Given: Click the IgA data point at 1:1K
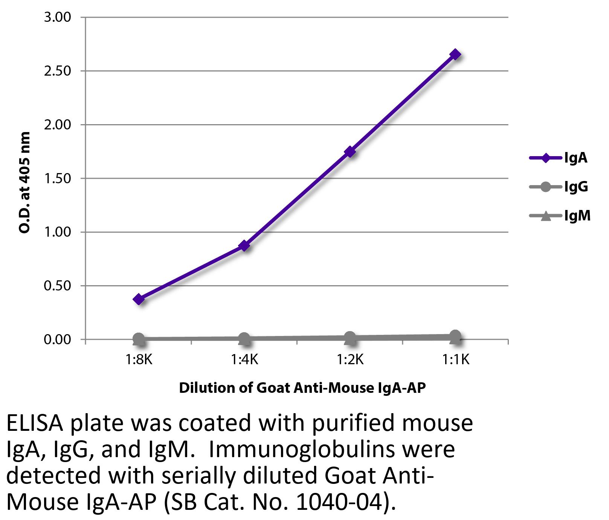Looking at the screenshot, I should click(455, 55).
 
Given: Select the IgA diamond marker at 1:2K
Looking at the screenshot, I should click(350, 152).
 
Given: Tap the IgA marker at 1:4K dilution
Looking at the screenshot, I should click(244, 246).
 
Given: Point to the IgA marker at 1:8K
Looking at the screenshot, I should click(139, 300).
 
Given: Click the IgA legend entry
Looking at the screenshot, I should click(559, 158).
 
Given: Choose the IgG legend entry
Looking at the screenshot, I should click(559, 187).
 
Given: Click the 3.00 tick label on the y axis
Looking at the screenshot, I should click(58, 17).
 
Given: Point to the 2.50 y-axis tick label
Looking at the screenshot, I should click(58, 71).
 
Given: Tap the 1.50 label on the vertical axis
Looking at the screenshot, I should click(58, 178).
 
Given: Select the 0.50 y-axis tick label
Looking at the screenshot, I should click(58, 286).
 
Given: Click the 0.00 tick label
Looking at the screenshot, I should click(58, 339).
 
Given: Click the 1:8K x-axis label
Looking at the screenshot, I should click(139, 360).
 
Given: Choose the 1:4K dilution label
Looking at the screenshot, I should click(244, 360).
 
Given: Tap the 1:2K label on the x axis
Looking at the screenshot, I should click(350, 360).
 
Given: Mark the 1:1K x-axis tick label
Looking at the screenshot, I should click(455, 360).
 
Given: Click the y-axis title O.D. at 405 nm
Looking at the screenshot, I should click(24, 182).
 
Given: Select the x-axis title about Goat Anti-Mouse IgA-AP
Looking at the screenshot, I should click(302, 388).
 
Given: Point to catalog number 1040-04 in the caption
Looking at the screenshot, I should click(341, 502).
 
